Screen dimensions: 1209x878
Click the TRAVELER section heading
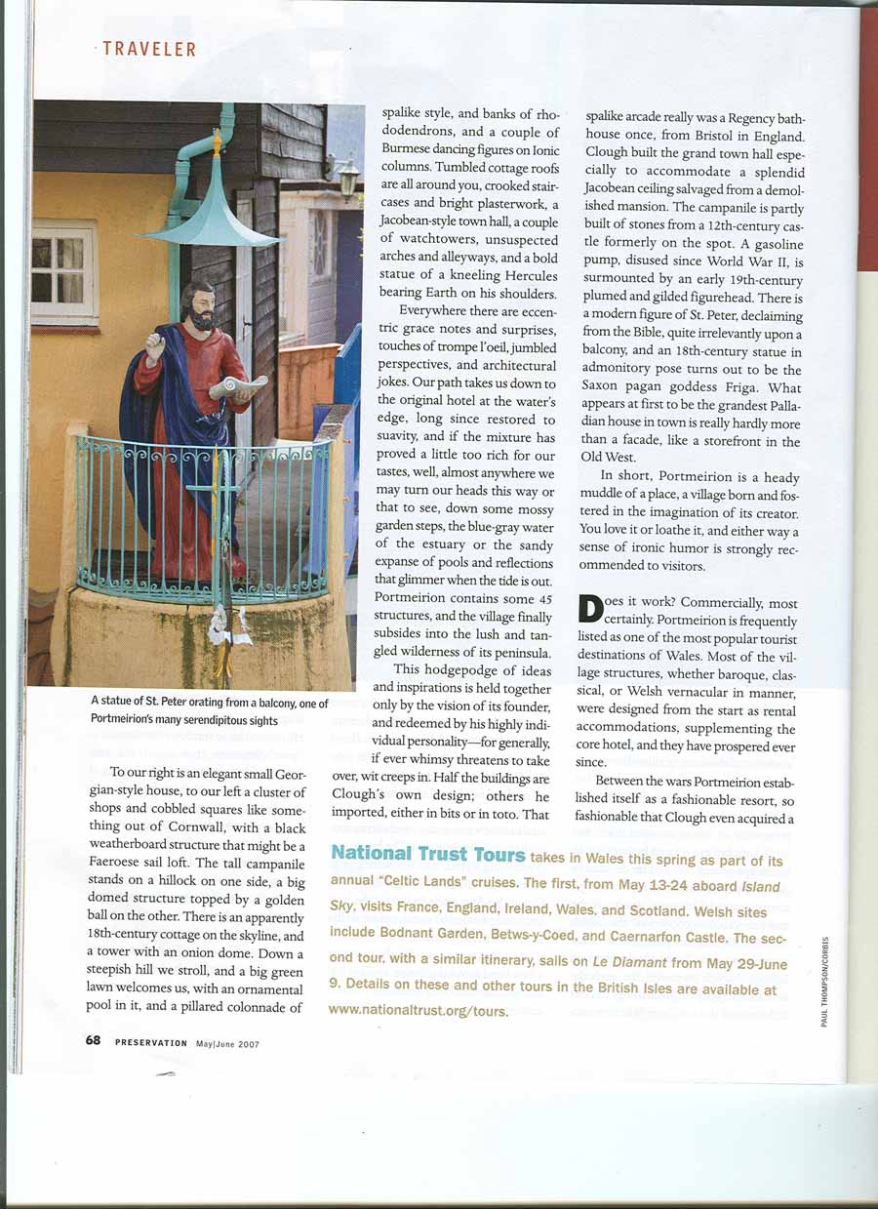click(149, 49)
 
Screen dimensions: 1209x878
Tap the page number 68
click(93, 1040)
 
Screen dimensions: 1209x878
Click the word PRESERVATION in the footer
click(150, 1041)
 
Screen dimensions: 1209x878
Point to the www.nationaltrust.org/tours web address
click(419, 1010)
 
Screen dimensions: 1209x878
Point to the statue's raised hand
click(154, 344)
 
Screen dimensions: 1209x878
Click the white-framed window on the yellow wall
click(64, 272)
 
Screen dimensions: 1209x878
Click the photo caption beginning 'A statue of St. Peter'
click(210, 710)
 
